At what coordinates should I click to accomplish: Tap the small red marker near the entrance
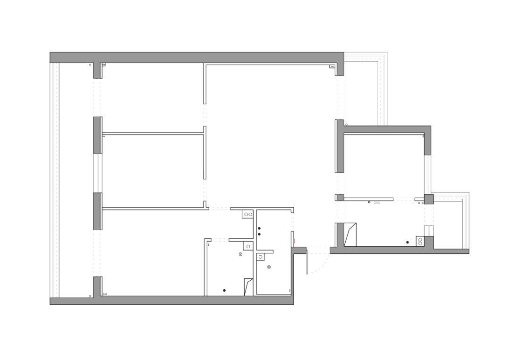click(294, 241)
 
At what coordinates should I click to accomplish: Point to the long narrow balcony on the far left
click(76, 179)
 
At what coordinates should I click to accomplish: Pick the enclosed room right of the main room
click(382, 189)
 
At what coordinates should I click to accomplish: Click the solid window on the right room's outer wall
click(428, 175)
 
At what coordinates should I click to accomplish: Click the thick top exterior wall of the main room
click(196, 58)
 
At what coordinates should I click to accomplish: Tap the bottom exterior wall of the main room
click(194, 300)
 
